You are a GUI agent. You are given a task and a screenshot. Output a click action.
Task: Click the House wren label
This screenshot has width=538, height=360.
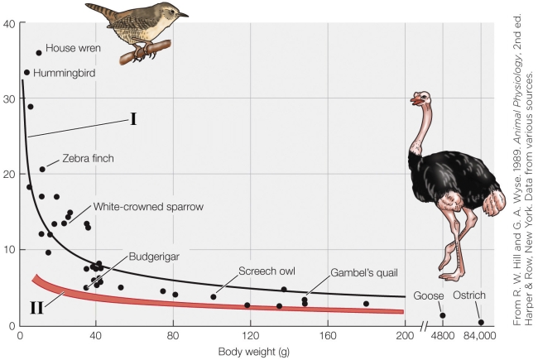click(73, 49)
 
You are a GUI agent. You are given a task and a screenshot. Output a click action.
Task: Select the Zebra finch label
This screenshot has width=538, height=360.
click(87, 158)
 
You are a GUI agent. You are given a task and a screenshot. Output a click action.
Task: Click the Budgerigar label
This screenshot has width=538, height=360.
click(151, 257)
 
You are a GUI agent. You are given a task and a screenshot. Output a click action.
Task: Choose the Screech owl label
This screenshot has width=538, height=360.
click(267, 271)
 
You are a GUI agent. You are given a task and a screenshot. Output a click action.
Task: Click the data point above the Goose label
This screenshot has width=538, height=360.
click(443, 315)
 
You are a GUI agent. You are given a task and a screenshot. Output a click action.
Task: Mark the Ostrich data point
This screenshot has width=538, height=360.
click(481, 323)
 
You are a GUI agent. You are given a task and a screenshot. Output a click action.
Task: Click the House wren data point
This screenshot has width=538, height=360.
click(39, 53)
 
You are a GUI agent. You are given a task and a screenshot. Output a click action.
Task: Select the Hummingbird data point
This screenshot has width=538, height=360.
click(26, 72)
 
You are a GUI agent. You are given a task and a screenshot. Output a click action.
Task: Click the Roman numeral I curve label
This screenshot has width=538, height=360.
click(132, 118)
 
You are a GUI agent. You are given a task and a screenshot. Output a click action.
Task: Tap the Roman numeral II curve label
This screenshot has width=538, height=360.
click(36, 308)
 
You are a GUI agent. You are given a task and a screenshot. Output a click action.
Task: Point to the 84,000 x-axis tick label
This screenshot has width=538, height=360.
click(479, 337)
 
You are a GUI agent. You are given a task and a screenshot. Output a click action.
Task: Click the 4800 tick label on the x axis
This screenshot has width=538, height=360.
click(442, 337)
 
